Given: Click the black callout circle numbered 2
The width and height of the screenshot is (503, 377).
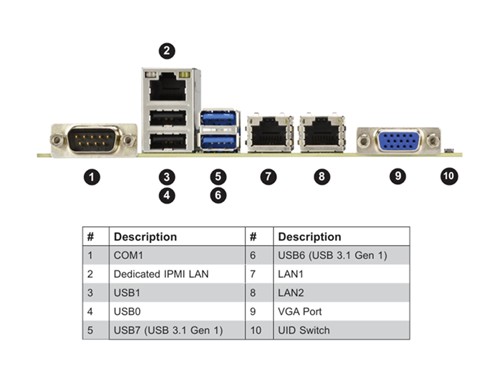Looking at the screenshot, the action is pos(167,51).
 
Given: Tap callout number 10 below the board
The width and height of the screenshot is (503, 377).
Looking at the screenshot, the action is pos(449,176).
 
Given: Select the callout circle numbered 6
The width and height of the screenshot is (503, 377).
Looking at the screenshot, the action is pos(218,195).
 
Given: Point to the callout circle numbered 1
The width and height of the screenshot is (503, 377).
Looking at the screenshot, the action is pos(92,177).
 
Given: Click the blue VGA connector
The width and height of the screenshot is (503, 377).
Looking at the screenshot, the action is pos(399,140).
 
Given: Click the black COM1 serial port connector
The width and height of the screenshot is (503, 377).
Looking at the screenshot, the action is pos(92,139).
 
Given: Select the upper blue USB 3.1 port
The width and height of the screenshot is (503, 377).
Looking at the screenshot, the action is pos(219,118).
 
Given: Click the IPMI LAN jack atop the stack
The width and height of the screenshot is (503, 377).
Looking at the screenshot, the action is pos(167,87).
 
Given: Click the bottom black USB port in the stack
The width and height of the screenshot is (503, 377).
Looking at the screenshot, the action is pos(168,141).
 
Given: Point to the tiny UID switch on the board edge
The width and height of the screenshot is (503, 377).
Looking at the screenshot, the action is pos(449,150).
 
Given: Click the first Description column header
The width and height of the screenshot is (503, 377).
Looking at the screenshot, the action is pos(145,237).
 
